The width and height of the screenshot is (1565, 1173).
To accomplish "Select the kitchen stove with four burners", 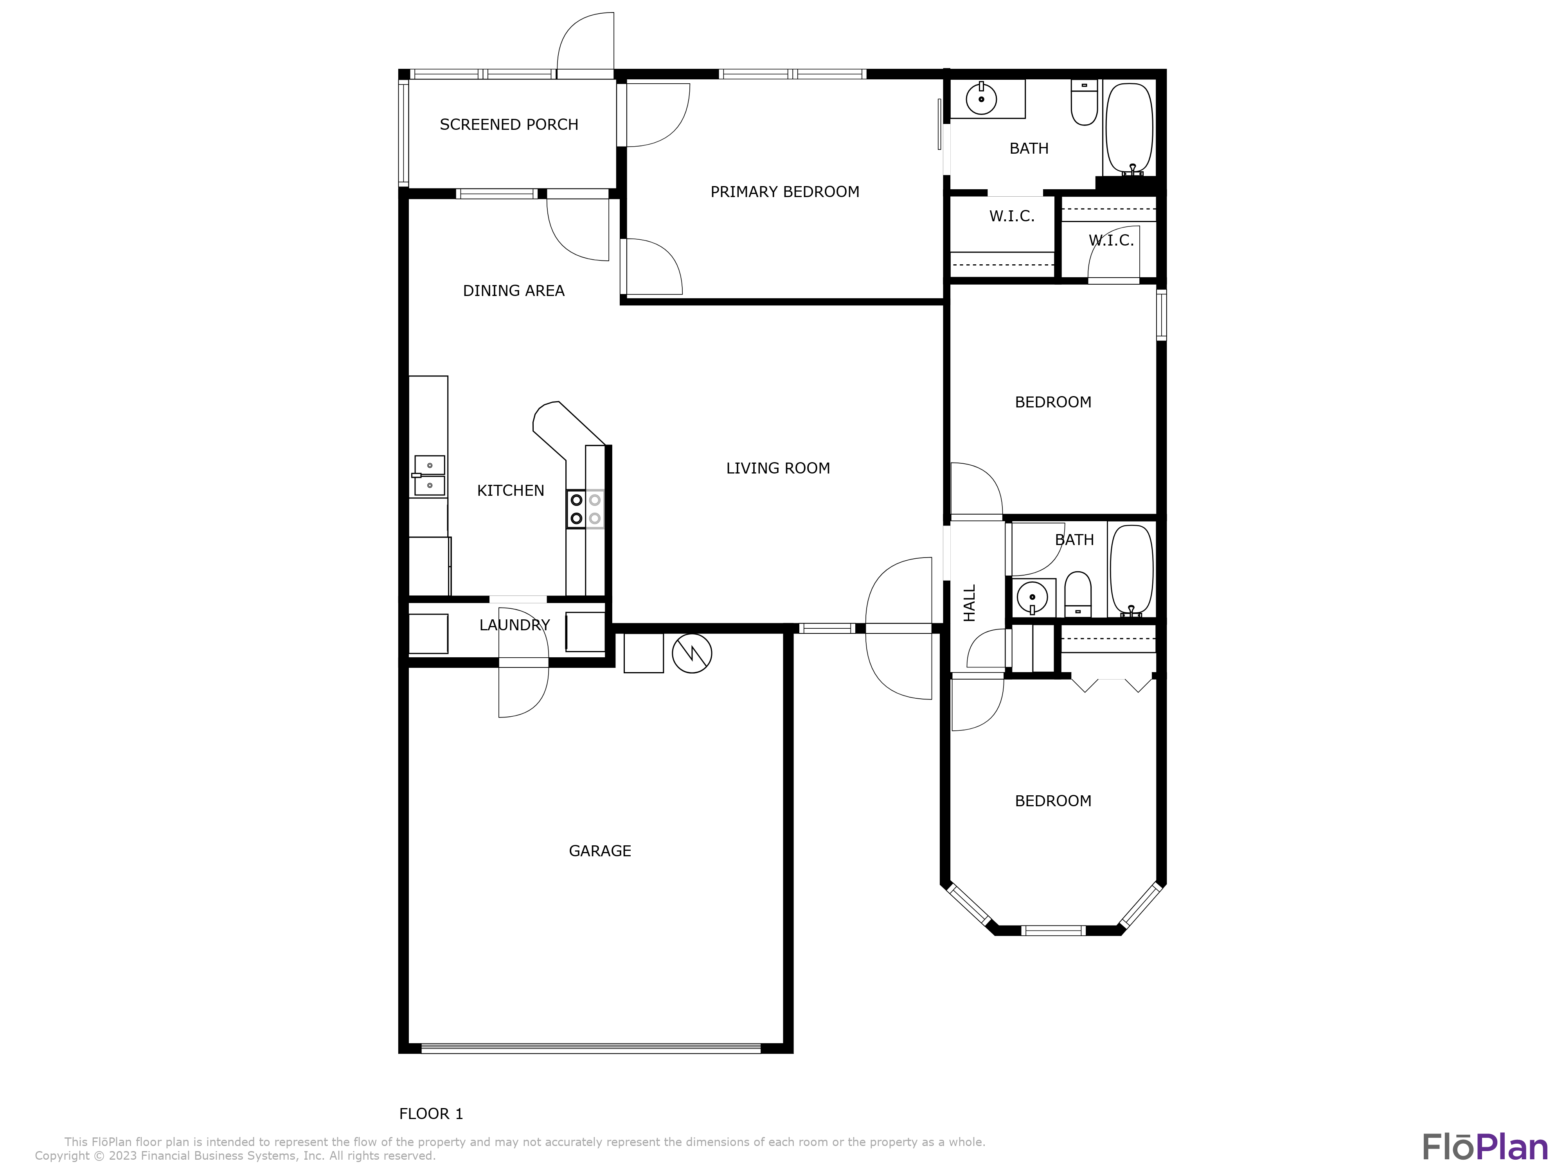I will (585, 509).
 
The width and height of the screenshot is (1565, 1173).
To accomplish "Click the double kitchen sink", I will (430, 476).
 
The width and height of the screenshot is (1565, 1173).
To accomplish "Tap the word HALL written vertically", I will (969, 603).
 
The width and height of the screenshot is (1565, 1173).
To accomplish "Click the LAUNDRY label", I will (514, 626).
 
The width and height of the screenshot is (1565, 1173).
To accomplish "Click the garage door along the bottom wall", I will (591, 1049).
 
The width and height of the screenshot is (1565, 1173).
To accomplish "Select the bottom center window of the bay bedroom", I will (1054, 931).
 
